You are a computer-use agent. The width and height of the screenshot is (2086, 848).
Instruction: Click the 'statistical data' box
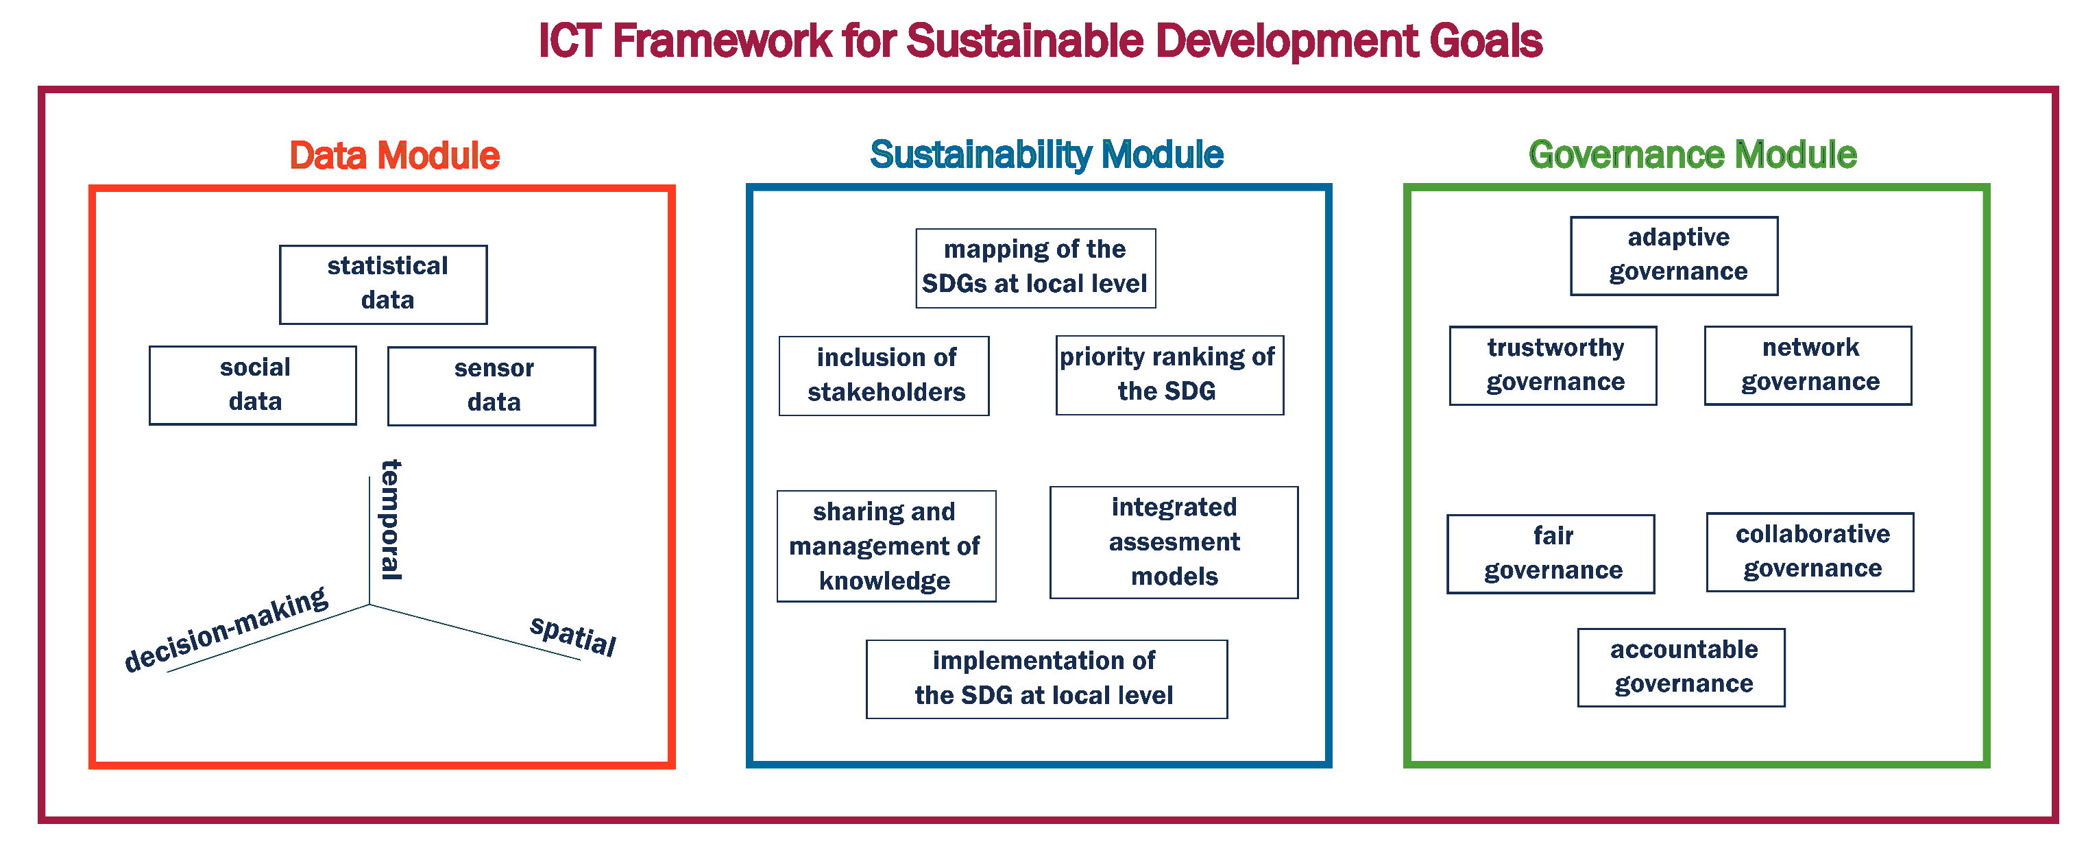pyautogui.click(x=383, y=284)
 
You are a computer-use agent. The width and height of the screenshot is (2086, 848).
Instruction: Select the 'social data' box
pyautogui.click(x=253, y=385)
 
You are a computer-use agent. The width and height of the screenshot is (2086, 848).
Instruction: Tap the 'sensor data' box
pyautogui.click(x=492, y=387)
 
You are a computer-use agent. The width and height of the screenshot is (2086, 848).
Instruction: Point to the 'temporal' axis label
pyautogui.click(x=392, y=520)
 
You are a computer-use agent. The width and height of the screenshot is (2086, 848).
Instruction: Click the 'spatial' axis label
pyautogui.click(x=572, y=635)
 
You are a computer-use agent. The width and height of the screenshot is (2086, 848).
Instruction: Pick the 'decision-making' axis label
pyautogui.click(x=227, y=629)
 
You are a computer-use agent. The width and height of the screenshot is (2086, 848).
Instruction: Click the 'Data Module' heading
pyautogui.click(x=394, y=156)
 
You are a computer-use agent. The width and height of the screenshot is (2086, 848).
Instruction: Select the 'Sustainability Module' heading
pyautogui.click(x=1046, y=155)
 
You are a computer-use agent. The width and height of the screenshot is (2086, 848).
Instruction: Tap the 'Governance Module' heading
pyautogui.click(x=1692, y=155)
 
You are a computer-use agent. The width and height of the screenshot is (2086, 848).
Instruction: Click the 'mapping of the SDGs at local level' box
pyautogui.click(x=1035, y=268)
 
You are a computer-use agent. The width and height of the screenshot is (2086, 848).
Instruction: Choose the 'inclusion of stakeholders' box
pyautogui.click(x=884, y=376)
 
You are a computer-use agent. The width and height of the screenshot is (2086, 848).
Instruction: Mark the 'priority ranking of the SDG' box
pyautogui.click(x=1169, y=375)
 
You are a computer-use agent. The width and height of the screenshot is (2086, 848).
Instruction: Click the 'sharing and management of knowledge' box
pyautogui.click(x=886, y=546)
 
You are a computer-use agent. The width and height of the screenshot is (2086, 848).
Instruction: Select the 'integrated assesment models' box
pyautogui.click(x=1174, y=542)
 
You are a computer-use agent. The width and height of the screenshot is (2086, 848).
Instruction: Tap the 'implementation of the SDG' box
pyautogui.click(x=1046, y=679)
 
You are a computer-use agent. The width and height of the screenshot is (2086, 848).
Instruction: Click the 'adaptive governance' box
pyautogui.click(x=1674, y=256)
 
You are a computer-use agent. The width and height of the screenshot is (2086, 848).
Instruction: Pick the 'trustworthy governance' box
pyautogui.click(x=1553, y=365)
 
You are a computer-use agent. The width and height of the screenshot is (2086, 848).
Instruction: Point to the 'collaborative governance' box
pyautogui.click(x=1810, y=552)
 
